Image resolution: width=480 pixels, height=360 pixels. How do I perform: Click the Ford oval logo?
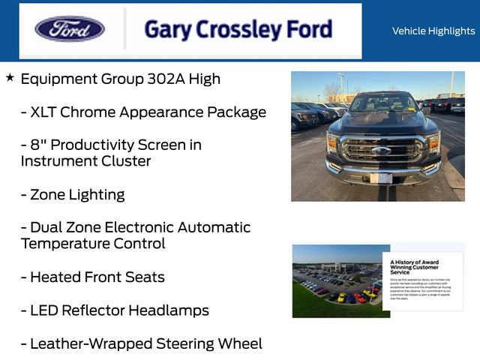coord(70,29)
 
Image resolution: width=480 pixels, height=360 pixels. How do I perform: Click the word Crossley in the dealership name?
coord(229,29)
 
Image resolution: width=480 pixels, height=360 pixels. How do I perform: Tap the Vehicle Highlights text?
coord(433,31)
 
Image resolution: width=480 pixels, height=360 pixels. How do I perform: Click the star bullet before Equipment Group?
coord(10,77)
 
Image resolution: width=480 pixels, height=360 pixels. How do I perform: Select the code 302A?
coord(153,79)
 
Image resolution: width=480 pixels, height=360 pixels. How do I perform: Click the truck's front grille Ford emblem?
coord(381,150)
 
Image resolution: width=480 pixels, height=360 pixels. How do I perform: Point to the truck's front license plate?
coord(381,178)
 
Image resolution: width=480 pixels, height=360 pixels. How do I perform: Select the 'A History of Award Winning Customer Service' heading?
coord(415,266)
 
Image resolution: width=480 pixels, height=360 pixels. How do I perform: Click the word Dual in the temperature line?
coord(46,227)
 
